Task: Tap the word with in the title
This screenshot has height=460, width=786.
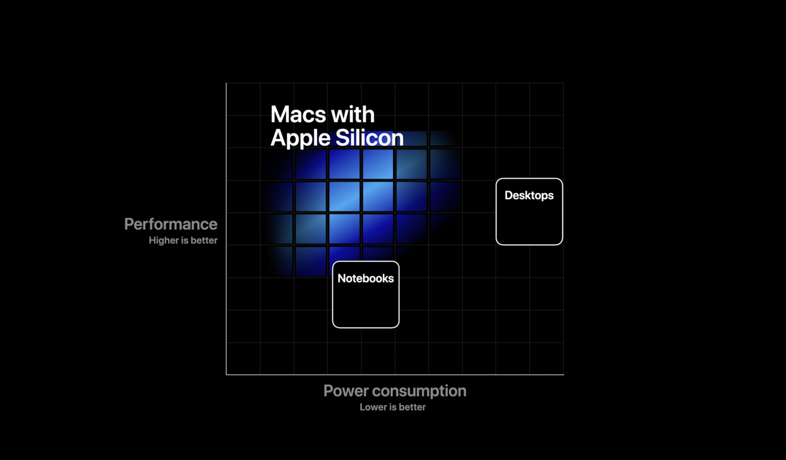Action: [354, 114]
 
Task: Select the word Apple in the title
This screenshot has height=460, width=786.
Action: [300, 138]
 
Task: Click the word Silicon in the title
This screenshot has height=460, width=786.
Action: [370, 138]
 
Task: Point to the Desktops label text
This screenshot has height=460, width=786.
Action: [529, 195]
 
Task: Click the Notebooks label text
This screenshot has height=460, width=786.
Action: [366, 278]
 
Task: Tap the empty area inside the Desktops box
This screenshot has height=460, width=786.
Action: [529, 223]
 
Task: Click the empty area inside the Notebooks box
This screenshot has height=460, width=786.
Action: [366, 306]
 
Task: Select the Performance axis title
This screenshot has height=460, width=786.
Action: [170, 224]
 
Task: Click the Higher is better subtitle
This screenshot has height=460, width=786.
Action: [183, 241]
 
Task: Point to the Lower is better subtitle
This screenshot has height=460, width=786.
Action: [392, 408]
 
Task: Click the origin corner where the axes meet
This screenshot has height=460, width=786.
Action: [226, 375]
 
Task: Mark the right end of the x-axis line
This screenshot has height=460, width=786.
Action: [563, 375]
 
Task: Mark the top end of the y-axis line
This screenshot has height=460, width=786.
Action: [226, 84]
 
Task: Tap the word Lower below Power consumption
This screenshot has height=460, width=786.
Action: [372, 408]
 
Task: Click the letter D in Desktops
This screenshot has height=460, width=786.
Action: [509, 195]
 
